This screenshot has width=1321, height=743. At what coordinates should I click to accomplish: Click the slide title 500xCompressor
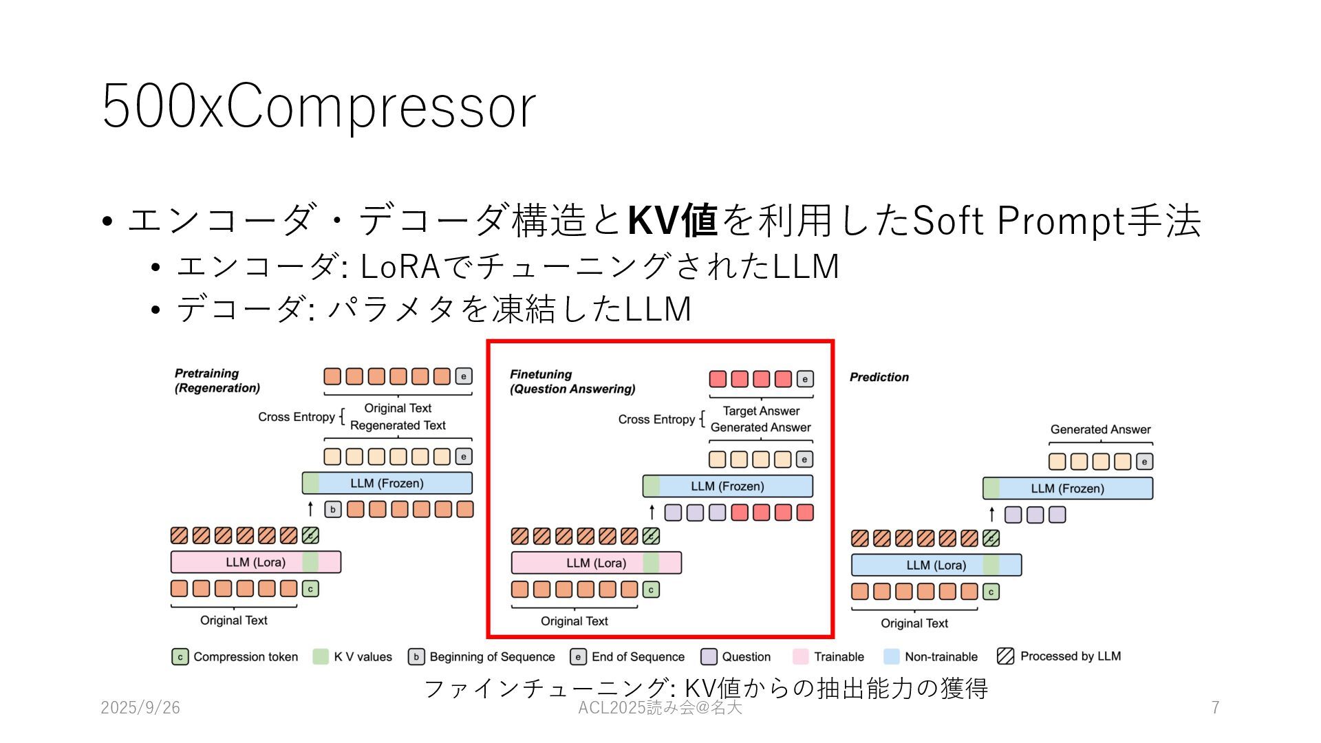coord(319,107)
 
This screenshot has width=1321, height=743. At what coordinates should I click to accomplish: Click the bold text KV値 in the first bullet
coord(673,221)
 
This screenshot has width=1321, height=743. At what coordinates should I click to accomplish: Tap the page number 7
coord(1215,707)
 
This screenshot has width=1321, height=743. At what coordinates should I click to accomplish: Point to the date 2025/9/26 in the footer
coord(140,707)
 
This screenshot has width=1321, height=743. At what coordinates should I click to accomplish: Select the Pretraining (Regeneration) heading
coord(217,380)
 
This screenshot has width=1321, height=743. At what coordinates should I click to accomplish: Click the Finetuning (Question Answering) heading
coord(572,382)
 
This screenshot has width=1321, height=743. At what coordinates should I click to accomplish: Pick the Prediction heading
coord(879,377)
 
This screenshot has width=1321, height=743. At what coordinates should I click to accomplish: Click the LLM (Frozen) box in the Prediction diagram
coord(1067,488)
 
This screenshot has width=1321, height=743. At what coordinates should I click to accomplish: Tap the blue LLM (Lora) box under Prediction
coord(936,566)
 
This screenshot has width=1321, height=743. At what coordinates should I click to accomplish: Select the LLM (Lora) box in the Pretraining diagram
coord(255,562)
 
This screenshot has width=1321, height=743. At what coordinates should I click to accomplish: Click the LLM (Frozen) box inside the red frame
coord(727,486)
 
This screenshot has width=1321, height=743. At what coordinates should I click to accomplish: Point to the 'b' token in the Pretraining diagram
coord(333,510)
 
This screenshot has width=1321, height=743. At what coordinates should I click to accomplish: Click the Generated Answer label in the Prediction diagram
coord(1100,429)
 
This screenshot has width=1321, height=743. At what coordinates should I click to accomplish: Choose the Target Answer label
coord(761,411)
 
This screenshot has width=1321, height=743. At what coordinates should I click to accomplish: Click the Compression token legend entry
coord(235,657)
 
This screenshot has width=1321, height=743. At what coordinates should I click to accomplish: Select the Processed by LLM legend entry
coord(1060,656)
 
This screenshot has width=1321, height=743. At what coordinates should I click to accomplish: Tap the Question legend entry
coord(736,657)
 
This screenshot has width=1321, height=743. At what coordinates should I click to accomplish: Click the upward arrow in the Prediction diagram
coord(991,514)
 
